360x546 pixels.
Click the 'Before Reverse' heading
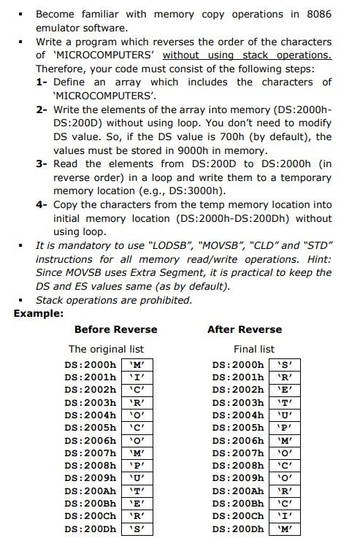115,329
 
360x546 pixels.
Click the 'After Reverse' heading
244,329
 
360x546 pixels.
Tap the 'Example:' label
38,313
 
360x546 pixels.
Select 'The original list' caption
106,349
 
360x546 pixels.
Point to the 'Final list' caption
253,349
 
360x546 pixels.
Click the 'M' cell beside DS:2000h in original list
137,364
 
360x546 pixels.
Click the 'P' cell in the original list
137,465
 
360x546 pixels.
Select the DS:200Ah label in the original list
90,491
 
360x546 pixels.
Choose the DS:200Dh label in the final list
237,528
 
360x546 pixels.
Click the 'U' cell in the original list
137,478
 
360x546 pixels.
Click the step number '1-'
42,82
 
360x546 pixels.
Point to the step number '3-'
42,164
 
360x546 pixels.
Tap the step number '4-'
42,204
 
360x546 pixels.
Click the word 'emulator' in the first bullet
58,28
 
